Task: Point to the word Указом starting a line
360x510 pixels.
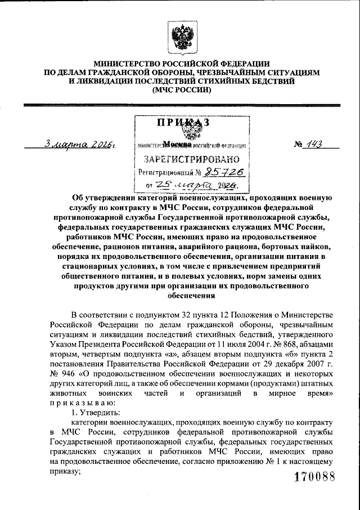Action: click(x=63, y=343)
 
